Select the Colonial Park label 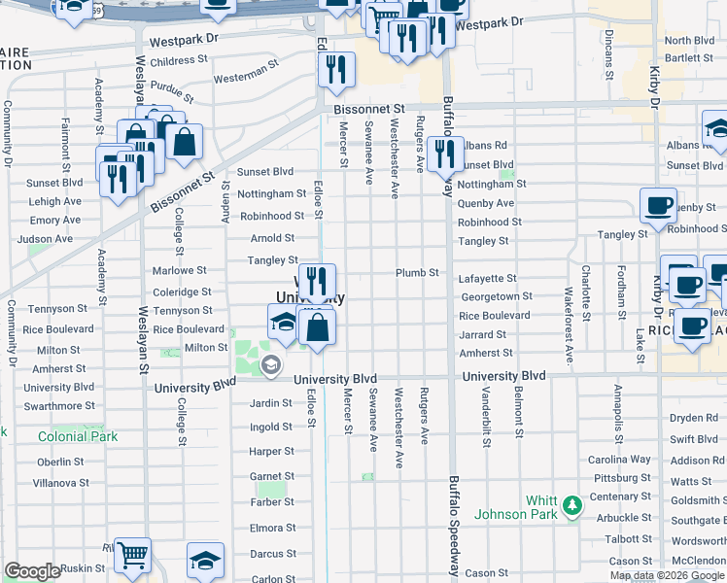(78, 437)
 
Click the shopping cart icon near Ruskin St (132, 555)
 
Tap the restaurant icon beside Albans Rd (444, 153)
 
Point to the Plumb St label (418, 273)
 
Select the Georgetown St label (496, 296)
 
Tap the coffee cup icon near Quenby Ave (658, 206)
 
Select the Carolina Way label (619, 460)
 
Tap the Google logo (32, 571)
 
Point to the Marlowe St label (179, 271)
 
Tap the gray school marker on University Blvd (271, 365)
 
